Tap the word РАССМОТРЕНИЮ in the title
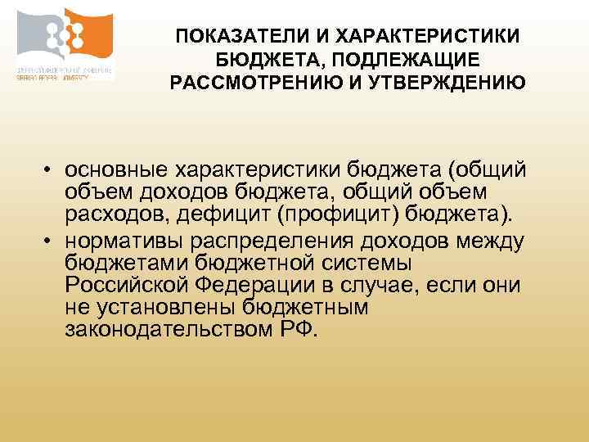coord(250,83)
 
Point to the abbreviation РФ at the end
coord(294,331)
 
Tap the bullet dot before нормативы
coord(50,241)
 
